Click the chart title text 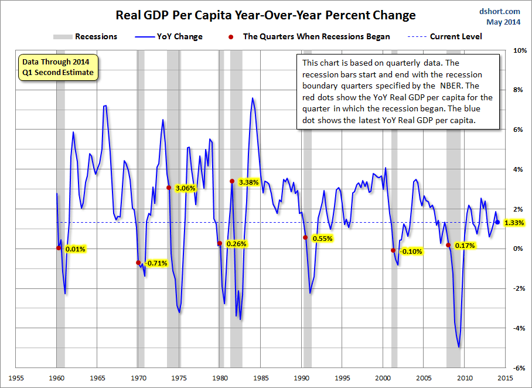tap(266, 15)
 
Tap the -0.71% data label tap(156, 263)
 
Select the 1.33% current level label tap(513, 223)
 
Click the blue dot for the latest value tap(497, 222)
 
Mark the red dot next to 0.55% tap(305, 237)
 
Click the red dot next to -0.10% tap(393, 250)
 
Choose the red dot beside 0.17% tap(448, 245)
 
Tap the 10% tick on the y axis tap(520, 50)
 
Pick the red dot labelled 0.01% tap(59, 248)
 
